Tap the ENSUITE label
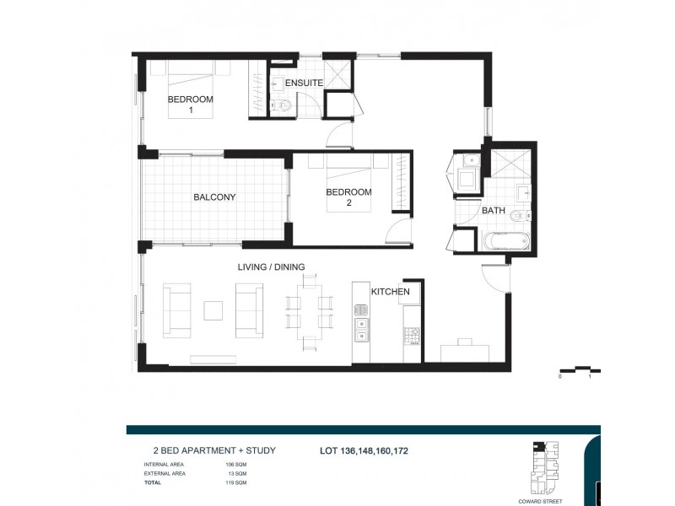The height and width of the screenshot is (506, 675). pos(303,83)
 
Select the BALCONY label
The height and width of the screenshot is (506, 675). pos(214,197)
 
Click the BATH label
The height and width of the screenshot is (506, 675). pos(493,211)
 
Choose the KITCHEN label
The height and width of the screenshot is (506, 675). pos(391,292)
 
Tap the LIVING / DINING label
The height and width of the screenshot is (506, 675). pos(271,267)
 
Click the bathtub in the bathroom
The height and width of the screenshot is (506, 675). pos(506,240)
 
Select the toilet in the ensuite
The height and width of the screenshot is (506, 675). pos(283,105)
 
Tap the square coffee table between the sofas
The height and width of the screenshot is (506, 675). pos(213,311)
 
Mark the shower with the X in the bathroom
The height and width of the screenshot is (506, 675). pos(509,164)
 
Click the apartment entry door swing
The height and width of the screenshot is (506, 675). pos(494,276)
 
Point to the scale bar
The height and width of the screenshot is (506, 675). pos(579,370)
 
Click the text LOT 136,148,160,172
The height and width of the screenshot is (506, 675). pos(364,451)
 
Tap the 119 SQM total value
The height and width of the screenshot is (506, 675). pos(235,482)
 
